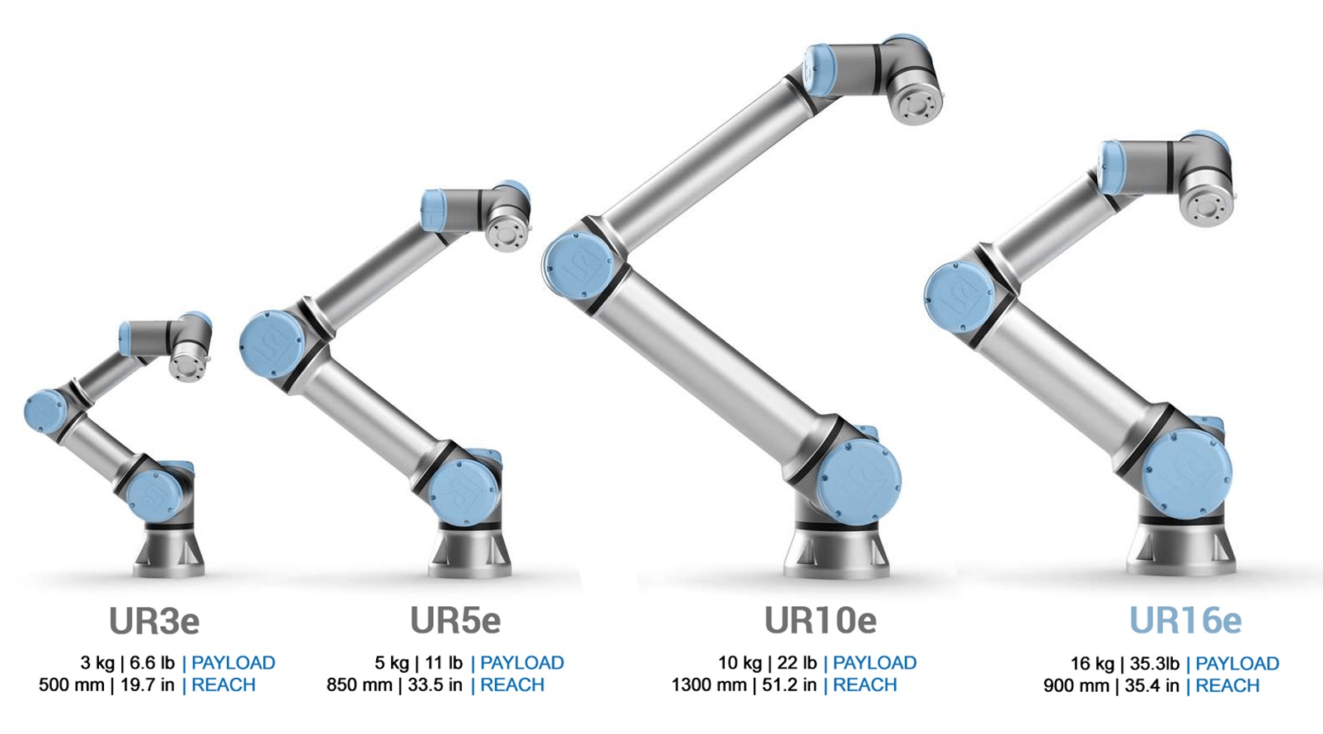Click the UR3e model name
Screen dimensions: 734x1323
coord(154,621)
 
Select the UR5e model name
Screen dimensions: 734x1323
coord(455,621)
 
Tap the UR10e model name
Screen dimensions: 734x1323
coord(820,621)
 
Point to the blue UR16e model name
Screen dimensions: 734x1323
coord(1184,621)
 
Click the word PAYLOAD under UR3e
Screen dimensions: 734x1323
coord(233,663)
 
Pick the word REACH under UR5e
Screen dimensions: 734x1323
coord(512,685)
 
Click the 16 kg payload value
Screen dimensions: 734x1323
coord(1091,664)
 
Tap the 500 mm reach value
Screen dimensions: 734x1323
coord(71,685)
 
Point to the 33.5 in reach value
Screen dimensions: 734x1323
coord(435,685)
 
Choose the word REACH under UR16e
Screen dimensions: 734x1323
coord(1227,686)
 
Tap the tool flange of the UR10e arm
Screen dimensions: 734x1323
coord(916,105)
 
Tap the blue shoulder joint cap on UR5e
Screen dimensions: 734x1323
coord(464,492)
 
